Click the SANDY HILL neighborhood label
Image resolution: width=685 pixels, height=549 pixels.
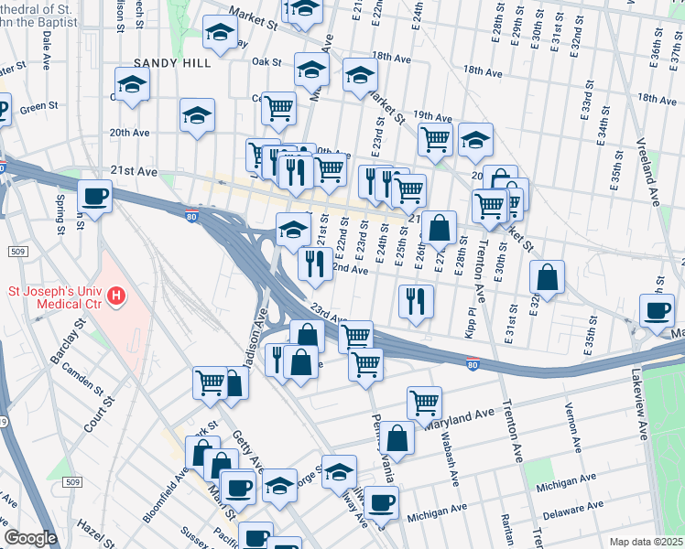pos(172,63)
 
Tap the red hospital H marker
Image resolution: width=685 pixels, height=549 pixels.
pos(116,296)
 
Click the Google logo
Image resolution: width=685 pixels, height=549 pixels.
pos(31,537)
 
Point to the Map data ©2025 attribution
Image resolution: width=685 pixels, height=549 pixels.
pos(646,542)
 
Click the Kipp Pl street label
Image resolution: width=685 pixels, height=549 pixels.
pos(470,323)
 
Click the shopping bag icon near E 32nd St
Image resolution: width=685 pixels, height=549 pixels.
pos(547,279)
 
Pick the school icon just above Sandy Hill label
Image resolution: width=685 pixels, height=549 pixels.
pos(220,34)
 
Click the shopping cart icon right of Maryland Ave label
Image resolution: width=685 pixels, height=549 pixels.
pos(424,403)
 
